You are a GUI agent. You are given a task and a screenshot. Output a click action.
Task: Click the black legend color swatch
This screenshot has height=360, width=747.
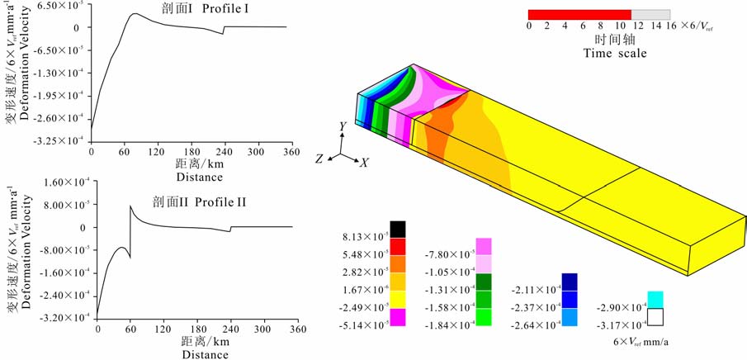pos(398,229)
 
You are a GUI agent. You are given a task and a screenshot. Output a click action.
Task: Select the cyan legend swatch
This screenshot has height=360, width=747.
pos(655,300)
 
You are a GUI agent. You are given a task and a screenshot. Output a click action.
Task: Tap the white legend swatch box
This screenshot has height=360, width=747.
pos(655,316)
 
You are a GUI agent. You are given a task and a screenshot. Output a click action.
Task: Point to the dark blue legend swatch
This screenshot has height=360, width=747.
pos(570,282)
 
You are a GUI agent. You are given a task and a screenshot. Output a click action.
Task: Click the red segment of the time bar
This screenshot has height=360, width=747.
pos(579,15)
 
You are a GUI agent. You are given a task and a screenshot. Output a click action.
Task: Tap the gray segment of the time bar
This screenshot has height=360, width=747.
pos(650,15)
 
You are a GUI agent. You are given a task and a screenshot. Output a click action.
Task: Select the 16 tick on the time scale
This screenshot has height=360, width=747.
pos(671,26)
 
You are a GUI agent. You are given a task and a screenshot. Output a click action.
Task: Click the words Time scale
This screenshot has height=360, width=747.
pos(615,53)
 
